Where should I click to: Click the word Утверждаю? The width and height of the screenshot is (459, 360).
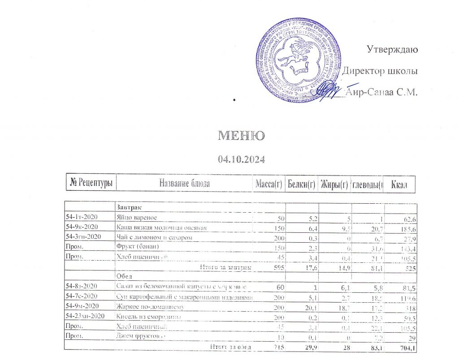pyautogui.click(x=392, y=49)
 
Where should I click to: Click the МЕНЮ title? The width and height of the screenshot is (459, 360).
pyautogui.click(x=241, y=136)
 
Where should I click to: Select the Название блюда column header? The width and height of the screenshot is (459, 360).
pyautogui.click(x=184, y=184)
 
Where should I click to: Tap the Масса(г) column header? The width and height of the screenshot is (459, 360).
pyautogui.click(x=268, y=184)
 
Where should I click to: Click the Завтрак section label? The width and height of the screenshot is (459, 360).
pyautogui.click(x=128, y=208)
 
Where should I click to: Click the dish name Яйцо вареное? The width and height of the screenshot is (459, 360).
pyautogui.click(x=136, y=218)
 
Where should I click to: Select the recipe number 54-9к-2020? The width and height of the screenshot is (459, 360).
pyautogui.click(x=83, y=228)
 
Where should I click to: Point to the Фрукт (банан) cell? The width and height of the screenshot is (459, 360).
pyautogui.click(x=138, y=247)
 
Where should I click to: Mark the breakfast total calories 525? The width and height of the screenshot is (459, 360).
pyautogui.click(x=410, y=267)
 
